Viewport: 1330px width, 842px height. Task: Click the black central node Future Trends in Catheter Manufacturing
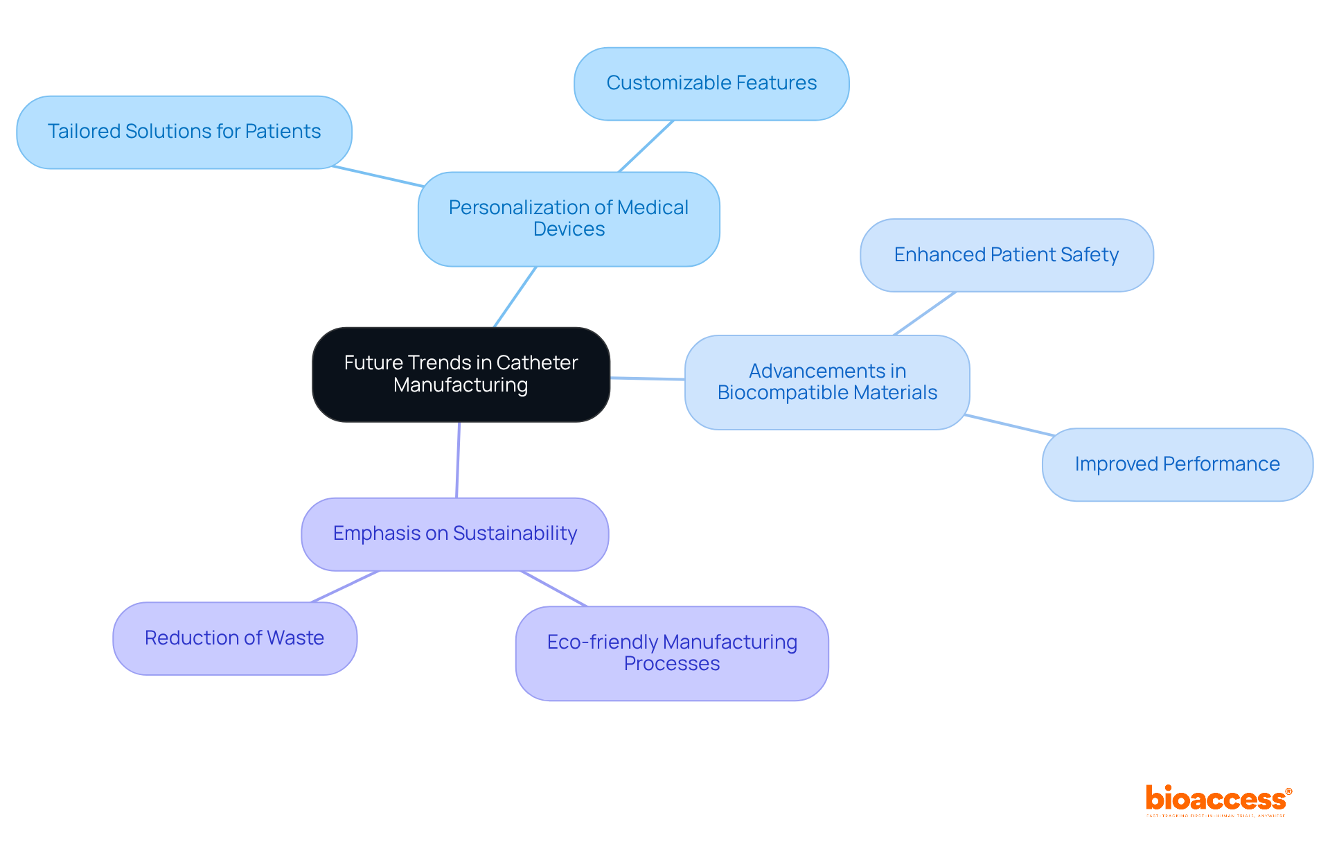[461, 374]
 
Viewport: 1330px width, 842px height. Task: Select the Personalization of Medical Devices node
[568, 218]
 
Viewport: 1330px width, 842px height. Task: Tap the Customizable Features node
[711, 83]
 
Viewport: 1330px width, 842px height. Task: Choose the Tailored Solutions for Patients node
[184, 132]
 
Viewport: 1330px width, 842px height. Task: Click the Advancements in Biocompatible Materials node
[826, 382]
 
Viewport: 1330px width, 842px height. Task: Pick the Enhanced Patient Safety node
[1006, 255]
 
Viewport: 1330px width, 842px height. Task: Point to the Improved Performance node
[1176, 464]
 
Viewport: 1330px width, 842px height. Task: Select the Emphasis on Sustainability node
[454, 534]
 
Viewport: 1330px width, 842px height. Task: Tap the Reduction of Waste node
[234, 638]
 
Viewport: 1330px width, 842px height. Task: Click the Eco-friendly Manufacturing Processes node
[671, 653]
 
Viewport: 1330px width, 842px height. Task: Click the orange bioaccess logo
[1218, 800]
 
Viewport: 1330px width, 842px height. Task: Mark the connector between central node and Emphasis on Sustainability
[458, 459]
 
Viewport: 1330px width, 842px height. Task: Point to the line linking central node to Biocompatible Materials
[647, 378]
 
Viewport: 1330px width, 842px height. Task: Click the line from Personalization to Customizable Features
[646, 146]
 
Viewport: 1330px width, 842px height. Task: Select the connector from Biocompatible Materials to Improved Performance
[1009, 425]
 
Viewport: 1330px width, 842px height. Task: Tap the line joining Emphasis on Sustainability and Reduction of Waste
[345, 586]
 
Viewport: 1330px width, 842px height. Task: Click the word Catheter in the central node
[537, 362]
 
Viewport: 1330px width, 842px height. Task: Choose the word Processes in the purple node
[671, 664]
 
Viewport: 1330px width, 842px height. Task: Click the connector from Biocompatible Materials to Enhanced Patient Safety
[925, 313]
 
